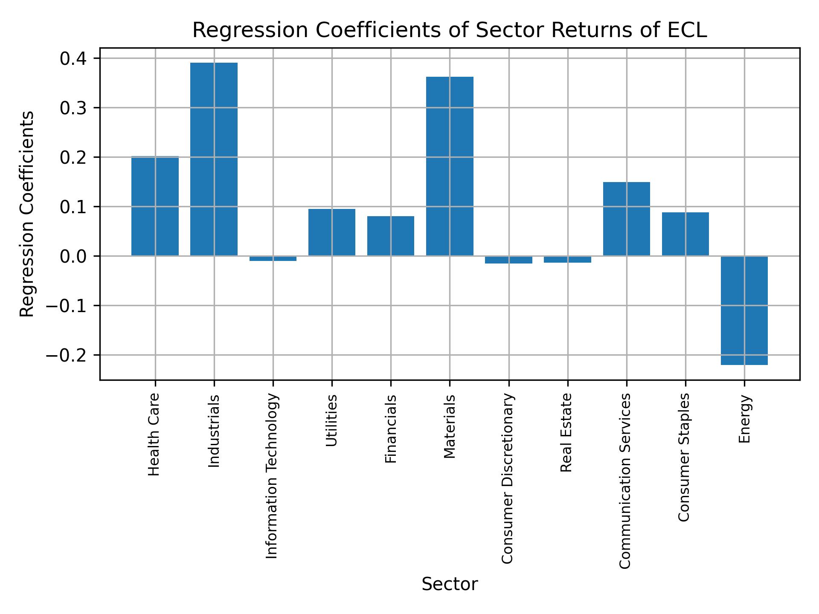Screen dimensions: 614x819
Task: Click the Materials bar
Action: click(x=450, y=166)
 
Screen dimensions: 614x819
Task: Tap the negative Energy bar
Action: click(x=744, y=310)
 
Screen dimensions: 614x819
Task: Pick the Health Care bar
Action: click(x=155, y=206)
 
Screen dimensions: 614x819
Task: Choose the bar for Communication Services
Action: click(x=626, y=219)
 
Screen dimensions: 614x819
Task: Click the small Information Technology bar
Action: click(x=273, y=258)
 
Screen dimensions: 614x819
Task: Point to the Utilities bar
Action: click(x=332, y=232)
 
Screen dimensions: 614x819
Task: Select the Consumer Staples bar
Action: click(x=685, y=234)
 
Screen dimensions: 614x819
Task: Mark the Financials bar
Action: click(x=391, y=236)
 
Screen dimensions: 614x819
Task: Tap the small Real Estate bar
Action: click(x=567, y=259)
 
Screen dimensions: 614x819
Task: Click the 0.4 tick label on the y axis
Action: click(x=74, y=58)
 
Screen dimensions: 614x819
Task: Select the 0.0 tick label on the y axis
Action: click(x=74, y=256)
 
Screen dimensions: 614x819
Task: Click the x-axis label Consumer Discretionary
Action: click(x=508, y=478)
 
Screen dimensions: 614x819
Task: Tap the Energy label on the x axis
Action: click(x=744, y=419)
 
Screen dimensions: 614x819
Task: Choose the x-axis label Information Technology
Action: click(x=272, y=476)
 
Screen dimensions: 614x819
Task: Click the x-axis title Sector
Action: click(x=450, y=584)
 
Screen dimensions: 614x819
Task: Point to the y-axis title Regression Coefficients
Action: click(x=27, y=214)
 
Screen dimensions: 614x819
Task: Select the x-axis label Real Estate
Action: click(x=566, y=432)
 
